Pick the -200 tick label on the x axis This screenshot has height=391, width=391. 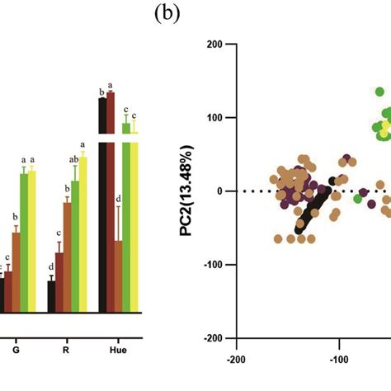pos(236,360)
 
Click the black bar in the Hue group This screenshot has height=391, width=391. pos(103,206)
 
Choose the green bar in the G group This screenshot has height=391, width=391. pos(24,243)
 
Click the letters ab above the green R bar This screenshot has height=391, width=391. pos(73,160)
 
